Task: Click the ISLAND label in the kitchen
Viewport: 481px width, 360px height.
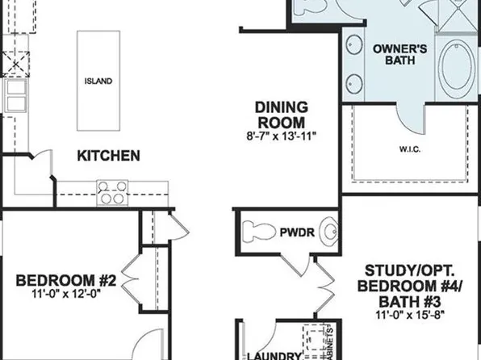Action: [x=98, y=82]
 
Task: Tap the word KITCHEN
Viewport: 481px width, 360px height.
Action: [x=108, y=155]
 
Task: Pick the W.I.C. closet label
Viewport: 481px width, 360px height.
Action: [x=409, y=150]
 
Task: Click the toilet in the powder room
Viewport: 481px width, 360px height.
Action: [x=257, y=231]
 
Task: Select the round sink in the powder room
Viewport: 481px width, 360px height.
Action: [x=328, y=232]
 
